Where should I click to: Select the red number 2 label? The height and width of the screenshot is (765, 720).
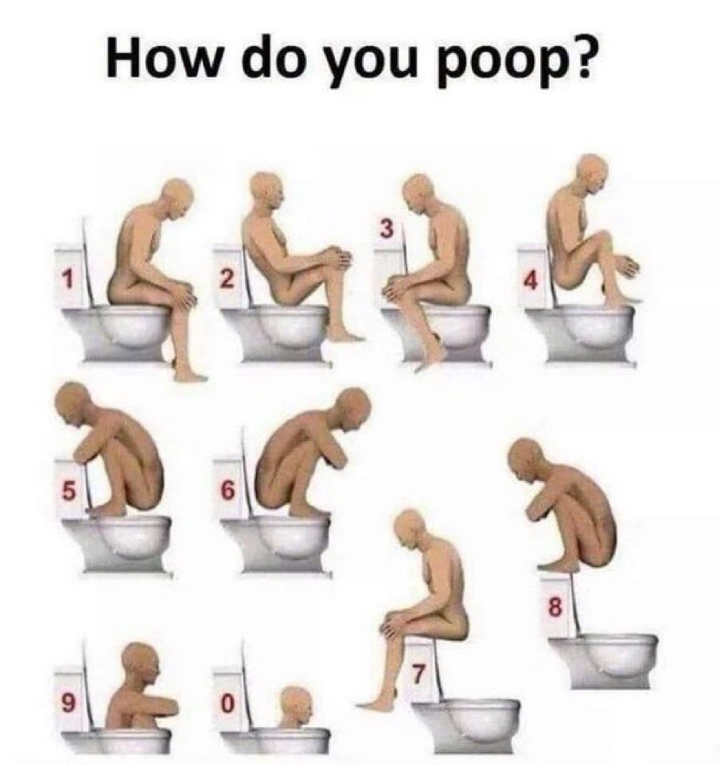click(x=226, y=280)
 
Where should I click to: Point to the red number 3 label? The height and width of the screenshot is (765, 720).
click(x=386, y=230)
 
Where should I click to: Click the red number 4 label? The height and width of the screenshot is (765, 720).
click(x=530, y=280)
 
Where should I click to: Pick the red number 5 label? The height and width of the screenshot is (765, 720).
click(x=68, y=491)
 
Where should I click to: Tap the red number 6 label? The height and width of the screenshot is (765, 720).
click(x=227, y=491)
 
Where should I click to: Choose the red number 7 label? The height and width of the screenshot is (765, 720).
click(x=419, y=675)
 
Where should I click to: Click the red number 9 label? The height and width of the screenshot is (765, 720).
click(x=68, y=703)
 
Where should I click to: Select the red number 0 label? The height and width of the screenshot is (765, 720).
click(x=227, y=705)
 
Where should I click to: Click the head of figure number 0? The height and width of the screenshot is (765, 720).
click(x=295, y=703)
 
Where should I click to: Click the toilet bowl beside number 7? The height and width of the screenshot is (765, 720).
click(x=470, y=721)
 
